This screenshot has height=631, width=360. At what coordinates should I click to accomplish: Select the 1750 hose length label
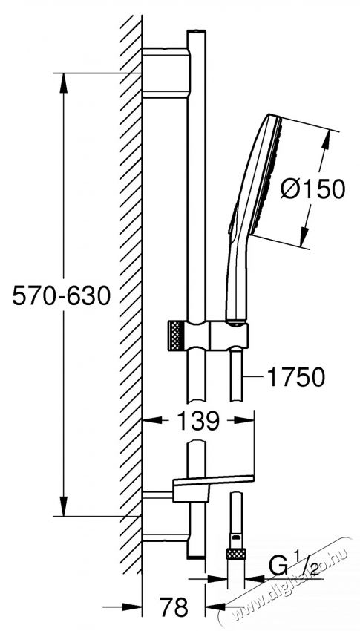tap(293, 377)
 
